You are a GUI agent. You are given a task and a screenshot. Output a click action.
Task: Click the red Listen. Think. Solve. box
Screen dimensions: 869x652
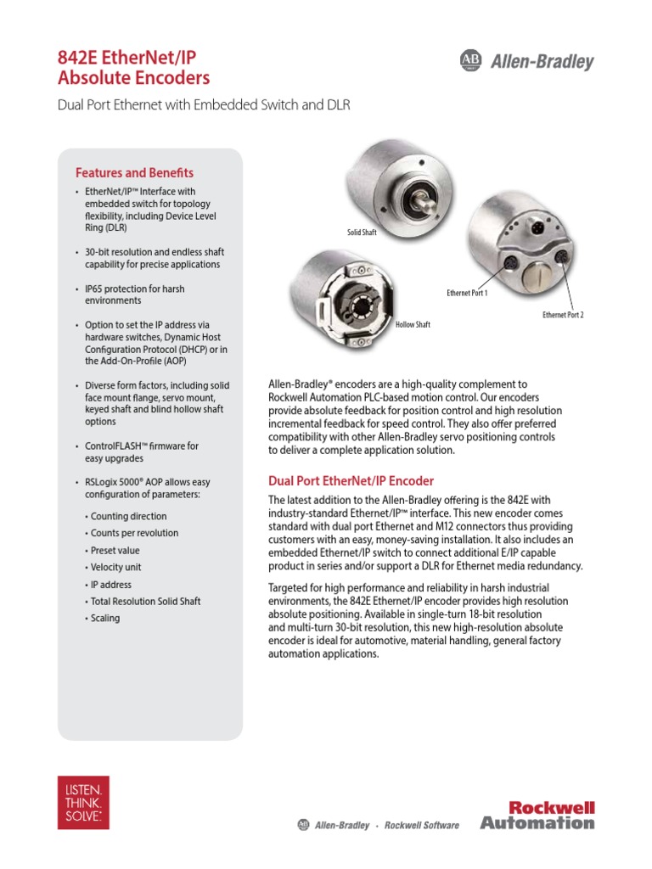(83, 801)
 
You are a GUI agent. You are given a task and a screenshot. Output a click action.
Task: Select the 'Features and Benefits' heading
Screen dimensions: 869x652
(134, 172)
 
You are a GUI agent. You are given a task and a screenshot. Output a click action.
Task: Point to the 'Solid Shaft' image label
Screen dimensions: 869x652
(362, 232)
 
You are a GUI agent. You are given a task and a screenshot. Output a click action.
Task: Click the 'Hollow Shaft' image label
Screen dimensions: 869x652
(413, 324)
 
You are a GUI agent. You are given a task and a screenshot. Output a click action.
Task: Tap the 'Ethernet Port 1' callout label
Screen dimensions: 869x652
(467, 293)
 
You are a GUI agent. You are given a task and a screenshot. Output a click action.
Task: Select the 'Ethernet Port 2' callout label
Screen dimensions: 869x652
(563, 315)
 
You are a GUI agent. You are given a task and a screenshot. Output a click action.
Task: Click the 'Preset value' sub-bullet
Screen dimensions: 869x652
(115, 550)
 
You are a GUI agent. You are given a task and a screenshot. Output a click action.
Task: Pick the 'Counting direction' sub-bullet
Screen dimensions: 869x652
(128, 516)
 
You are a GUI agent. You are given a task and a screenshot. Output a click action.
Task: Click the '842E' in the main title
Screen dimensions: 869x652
(78, 59)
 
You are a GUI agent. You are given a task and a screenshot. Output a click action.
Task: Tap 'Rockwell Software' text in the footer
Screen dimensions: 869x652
(422, 825)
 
